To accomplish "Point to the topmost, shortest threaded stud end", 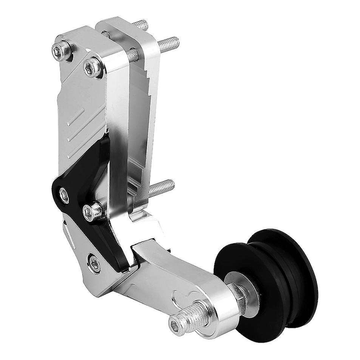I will tap(143, 24).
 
